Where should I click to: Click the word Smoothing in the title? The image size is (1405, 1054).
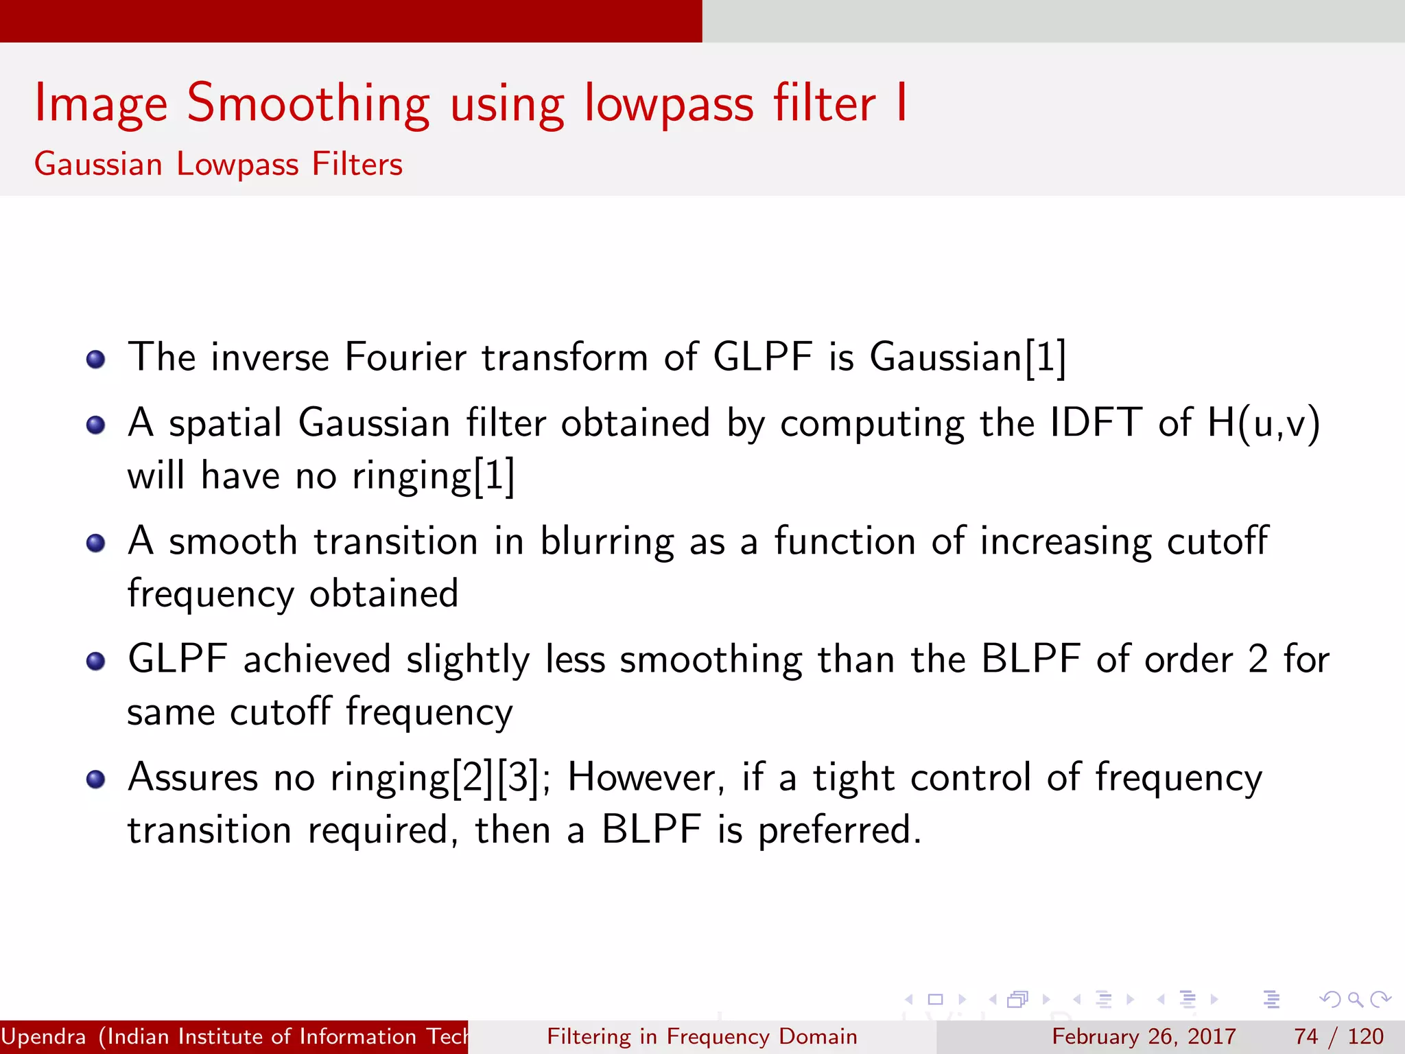[x=308, y=104]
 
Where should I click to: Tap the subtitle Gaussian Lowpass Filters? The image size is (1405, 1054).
[x=218, y=165]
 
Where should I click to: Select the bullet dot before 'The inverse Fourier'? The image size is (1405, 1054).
[x=96, y=360]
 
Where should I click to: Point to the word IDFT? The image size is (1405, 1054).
[x=1096, y=423]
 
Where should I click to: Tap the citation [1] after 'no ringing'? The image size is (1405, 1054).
[x=494, y=476]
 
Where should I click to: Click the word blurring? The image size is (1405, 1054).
[x=606, y=542]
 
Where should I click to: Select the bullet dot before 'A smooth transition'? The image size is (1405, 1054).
[x=96, y=543]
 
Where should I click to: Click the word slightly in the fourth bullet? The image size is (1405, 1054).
[x=468, y=660]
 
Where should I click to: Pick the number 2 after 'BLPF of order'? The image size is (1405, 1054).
[x=1258, y=660]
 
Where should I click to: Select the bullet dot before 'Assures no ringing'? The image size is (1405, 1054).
[x=96, y=780]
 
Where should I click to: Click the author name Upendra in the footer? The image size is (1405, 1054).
[x=43, y=1036]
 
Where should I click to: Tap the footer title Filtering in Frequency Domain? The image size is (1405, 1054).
[x=702, y=1036]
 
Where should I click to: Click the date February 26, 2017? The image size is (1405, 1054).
[x=1144, y=1036]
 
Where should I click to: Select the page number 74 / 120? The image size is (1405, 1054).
[x=1338, y=1036]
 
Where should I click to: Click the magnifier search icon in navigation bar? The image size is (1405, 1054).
[x=1355, y=999]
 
